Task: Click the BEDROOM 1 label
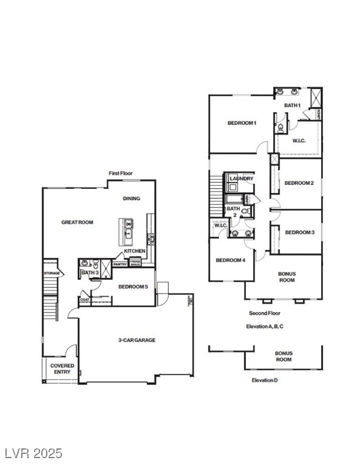click(x=242, y=123)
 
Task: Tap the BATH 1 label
click(x=293, y=106)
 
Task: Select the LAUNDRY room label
click(x=242, y=178)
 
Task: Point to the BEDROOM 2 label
click(x=299, y=183)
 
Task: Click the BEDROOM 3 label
click(x=299, y=232)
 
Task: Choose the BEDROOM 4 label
click(x=231, y=260)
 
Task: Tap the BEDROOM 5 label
click(x=133, y=286)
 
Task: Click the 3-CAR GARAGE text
click(x=136, y=340)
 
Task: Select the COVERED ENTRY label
click(x=62, y=369)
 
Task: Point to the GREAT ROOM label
click(x=77, y=223)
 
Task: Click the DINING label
click(x=131, y=198)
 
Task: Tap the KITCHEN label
click(x=134, y=251)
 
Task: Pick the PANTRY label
click(x=120, y=264)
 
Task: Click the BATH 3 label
click(x=89, y=273)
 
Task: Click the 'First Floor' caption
click(x=120, y=174)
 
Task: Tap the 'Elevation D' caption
click(x=265, y=380)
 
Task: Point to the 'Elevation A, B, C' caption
click(x=265, y=326)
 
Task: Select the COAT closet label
click(x=85, y=299)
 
